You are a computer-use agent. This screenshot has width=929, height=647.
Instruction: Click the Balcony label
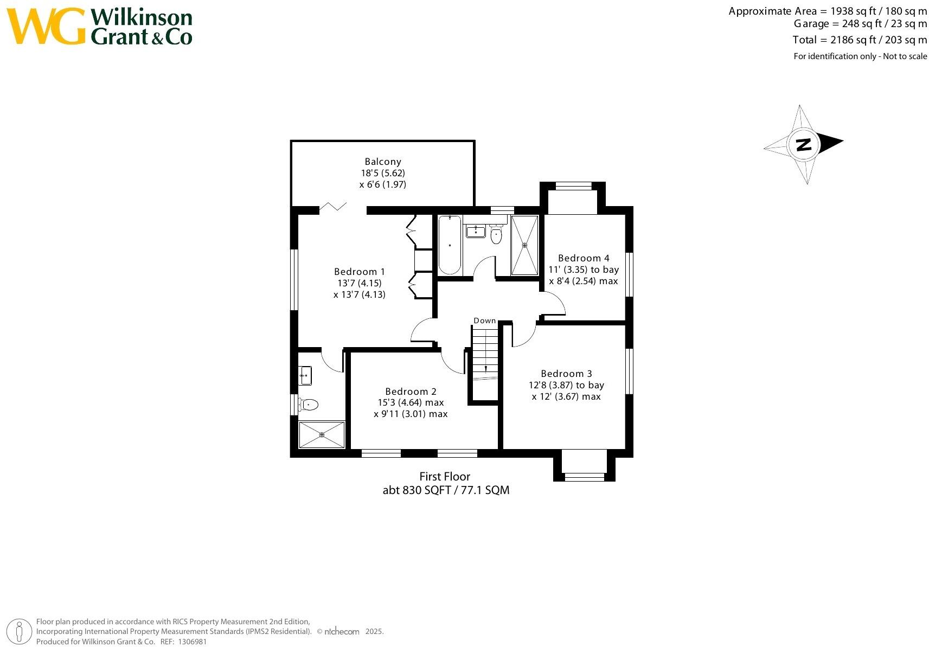[383, 162]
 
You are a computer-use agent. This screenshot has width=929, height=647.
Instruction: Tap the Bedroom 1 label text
[359, 272]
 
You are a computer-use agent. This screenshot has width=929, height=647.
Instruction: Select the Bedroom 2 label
[411, 392]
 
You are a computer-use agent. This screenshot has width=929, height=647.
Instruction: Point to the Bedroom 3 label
[566, 374]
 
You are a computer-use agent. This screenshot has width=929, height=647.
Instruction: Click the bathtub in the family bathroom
[450, 245]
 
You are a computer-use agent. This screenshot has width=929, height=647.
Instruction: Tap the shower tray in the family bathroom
[524, 245]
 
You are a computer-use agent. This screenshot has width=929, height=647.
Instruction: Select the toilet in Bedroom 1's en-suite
[308, 404]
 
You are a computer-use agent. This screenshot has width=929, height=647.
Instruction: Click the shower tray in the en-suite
[322, 434]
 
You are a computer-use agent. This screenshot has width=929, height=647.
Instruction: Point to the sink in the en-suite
[305, 375]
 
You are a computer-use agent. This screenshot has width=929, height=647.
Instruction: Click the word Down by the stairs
[484, 321]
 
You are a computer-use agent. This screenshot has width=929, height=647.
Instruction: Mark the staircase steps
[484, 353]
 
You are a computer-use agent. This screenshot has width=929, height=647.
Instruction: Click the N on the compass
[803, 144]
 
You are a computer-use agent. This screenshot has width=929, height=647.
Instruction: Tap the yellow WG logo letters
[46, 26]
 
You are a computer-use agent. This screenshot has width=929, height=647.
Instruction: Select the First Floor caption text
[445, 477]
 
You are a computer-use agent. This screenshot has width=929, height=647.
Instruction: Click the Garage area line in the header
[860, 24]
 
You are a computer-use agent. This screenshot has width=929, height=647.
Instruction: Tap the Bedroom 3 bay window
[584, 476]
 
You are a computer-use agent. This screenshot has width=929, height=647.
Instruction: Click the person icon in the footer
[20, 631]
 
